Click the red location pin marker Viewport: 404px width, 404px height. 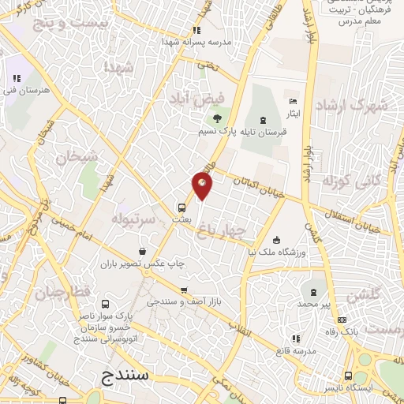pyautogui.click(x=203, y=185)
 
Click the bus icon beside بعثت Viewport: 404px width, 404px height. pyautogui.click(x=182, y=208)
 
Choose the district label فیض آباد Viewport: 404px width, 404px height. pyautogui.click(x=191, y=99)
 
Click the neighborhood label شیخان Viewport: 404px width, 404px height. pyautogui.click(x=77, y=156)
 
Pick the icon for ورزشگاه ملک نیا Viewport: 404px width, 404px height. pyautogui.click(x=275, y=241)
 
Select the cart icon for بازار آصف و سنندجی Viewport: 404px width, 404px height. pyautogui.click(x=184, y=290)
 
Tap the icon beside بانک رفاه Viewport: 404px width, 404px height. pyautogui.click(x=342, y=320)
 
